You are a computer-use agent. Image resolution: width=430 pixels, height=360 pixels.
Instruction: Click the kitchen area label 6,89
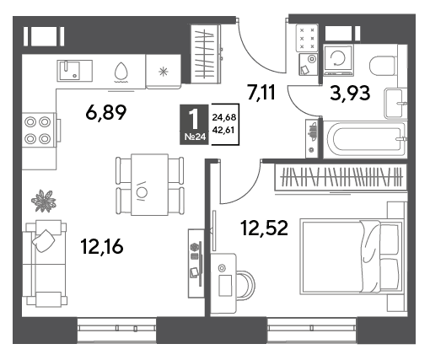pyautogui.click(x=106, y=112)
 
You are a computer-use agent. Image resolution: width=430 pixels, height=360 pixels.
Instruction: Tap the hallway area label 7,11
pyautogui.click(x=261, y=92)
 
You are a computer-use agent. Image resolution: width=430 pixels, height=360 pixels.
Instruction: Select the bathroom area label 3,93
pyautogui.click(x=350, y=93)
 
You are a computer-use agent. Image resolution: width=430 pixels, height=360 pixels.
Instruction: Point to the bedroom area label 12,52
pyautogui.click(x=264, y=228)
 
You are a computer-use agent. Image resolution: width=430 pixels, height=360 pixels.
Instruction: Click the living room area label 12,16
pyautogui.click(x=102, y=246)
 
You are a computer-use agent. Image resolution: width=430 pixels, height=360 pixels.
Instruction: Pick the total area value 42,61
pyautogui.click(x=223, y=130)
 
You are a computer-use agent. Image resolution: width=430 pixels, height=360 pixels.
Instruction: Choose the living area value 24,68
pyautogui.click(x=224, y=117)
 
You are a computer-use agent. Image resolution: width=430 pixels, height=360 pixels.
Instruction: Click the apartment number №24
pyautogui.click(x=196, y=137)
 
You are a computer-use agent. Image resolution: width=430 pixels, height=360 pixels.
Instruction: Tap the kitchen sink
pyautogui.click(x=75, y=71)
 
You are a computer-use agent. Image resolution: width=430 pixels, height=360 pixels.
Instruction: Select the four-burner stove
pyautogui.click(x=39, y=130)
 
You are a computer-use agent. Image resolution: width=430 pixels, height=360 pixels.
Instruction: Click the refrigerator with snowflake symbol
pyautogui.click(x=164, y=72)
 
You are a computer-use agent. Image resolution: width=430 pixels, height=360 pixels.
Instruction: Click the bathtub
pyautogui.click(x=364, y=140)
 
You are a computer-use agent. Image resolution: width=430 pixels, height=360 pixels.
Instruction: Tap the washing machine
pyautogui.click(x=338, y=60)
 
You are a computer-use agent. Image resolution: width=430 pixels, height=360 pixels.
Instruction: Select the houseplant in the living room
pyautogui.click(x=44, y=201)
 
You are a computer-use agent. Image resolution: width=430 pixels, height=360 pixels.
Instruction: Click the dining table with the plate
pyautogui.click(x=149, y=185)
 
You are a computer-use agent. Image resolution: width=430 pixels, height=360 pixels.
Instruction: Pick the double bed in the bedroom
pyautogui.click(x=352, y=257)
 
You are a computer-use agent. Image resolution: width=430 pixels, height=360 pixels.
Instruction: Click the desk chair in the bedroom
pyautogui.click(x=246, y=284)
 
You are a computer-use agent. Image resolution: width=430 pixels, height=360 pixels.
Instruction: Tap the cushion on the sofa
pyautogui.click(x=44, y=241)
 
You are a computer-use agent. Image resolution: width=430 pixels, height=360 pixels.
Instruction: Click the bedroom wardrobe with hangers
pyautogui.click(x=341, y=177)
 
